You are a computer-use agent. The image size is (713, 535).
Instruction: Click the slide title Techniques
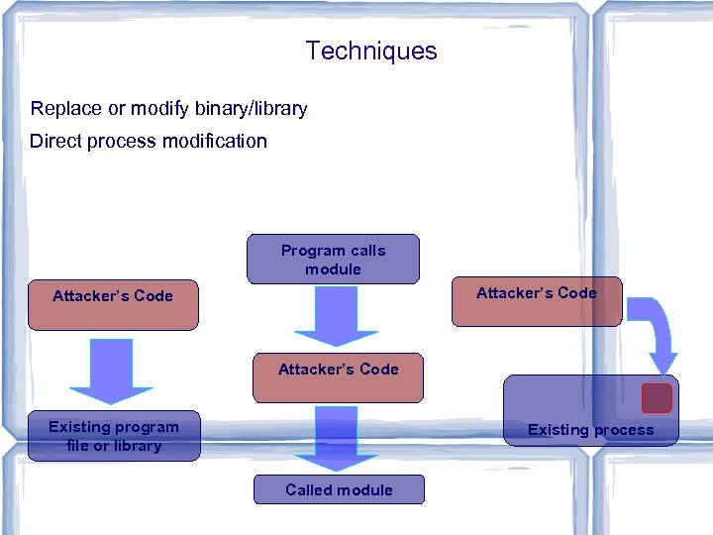pyautogui.click(x=371, y=51)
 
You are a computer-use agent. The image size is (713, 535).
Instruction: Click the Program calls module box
pyautogui.click(x=334, y=260)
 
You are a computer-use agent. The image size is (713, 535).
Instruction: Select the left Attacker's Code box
pyautogui.click(x=113, y=304)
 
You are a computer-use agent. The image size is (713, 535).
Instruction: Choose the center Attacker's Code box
pyautogui.click(x=338, y=377)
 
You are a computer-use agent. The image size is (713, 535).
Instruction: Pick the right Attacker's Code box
pyautogui.click(x=537, y=301)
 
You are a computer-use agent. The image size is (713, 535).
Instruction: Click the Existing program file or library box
pyautogui.click(x=114, y=436)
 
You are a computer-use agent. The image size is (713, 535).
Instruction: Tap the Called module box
pyautogui.click(x=339, y=489)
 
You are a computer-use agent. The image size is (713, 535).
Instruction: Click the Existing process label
pyautogui.click(x=590, y=430)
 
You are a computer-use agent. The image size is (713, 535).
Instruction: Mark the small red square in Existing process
pyautogui.click(x=657, y=398)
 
